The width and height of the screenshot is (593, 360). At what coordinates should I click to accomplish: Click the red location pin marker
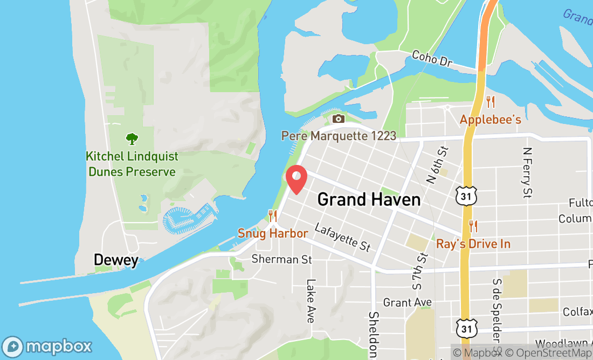[x=296, y=179]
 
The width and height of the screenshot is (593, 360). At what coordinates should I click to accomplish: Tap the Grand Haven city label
[x=369, y=199]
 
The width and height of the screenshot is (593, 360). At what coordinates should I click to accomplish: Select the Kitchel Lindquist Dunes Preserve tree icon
[x=132, y=139]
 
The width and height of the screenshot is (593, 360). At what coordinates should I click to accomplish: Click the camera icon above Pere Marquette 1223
[x=339, y=119]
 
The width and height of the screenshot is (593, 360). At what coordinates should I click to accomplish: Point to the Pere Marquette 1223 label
[x=339, y=135]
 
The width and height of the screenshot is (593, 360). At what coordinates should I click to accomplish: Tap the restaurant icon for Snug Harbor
[x=273, y=216]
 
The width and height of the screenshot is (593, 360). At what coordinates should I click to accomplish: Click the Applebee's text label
[x=490, y=119]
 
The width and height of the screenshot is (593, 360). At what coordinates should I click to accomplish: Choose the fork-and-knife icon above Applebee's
[x=490, y=101]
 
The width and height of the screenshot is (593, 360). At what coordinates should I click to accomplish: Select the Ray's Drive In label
[x=473, y=244]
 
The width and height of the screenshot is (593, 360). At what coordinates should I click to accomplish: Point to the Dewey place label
[x=116, y=260]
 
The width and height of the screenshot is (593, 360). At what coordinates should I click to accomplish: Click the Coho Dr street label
[x=431, y=59]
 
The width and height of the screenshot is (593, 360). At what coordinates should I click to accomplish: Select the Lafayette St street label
[x=343, y=237]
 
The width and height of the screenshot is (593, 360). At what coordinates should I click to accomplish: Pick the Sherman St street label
[x=282, y=259]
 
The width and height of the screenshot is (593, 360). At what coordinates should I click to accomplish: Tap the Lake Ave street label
[x=311, y=301]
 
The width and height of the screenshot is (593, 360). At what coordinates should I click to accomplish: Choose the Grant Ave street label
[x=408, y=302]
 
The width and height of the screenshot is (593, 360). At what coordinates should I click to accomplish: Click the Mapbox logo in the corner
[x=47, y=346]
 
